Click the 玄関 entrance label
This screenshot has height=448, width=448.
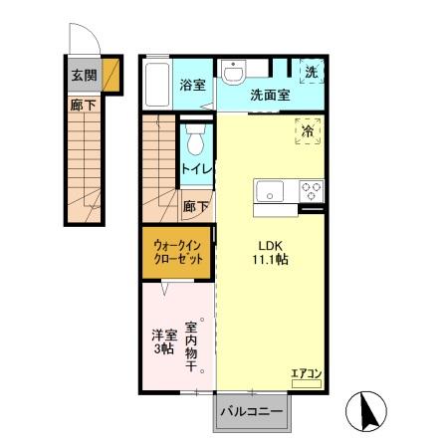point(85,76)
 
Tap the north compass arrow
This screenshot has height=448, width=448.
point(368,410)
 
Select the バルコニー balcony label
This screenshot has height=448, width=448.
point(252,412)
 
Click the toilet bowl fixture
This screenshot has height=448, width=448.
point(195,139)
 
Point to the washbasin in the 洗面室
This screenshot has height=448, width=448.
point(234,72)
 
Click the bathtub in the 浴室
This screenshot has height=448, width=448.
point(157,85)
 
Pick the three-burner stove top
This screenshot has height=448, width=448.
point(311,191)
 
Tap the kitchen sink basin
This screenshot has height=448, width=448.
point(270,191)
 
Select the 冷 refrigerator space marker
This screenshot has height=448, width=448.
point(308,131)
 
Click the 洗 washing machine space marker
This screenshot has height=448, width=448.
point(312,72)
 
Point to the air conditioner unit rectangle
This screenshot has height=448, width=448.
point(307,383)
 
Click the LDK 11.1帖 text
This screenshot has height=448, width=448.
point(270,253)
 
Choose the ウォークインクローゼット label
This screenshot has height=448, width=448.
point(178,252)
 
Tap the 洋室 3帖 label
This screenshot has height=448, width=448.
point(164,341)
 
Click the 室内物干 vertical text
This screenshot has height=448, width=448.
point(191,346)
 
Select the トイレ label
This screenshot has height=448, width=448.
point(197,169)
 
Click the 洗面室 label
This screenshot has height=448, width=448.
point(270,96)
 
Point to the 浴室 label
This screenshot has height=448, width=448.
point(192,85)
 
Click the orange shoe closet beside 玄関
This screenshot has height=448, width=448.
point(111,75)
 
